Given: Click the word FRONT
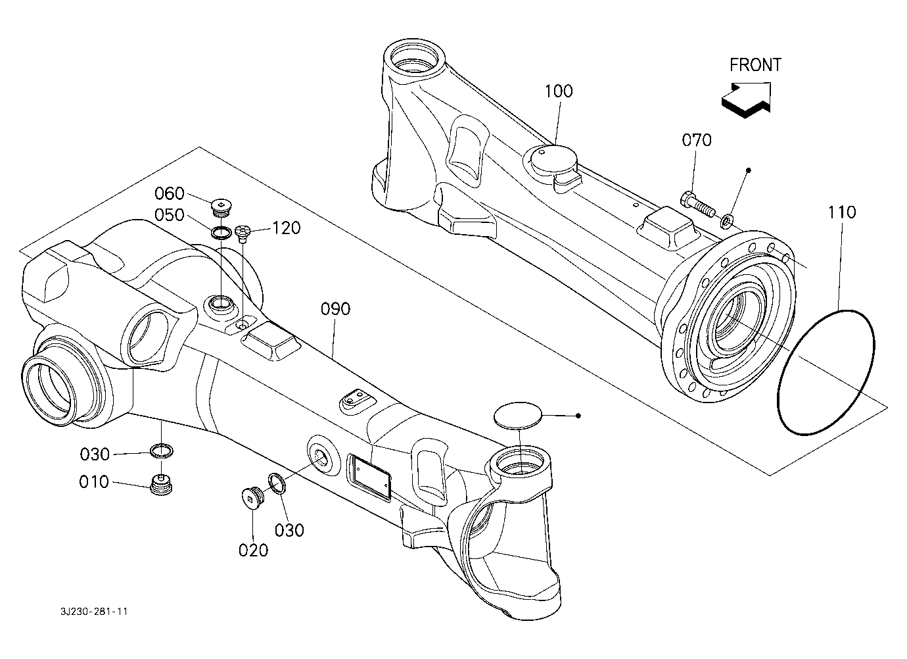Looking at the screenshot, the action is (x=755, y=65).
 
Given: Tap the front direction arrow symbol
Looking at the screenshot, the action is (x=746, y=100).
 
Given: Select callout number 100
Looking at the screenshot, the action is (x=559, y=91).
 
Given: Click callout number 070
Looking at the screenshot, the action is (x=697, y=140).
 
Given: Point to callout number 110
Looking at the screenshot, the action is (x=842, y=212).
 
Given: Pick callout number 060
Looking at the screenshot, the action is (x=170, y=193).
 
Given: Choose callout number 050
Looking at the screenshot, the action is (x=170, y=215).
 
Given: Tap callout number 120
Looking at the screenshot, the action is (x=287, y=228).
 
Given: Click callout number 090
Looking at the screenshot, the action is (x=335, y=309).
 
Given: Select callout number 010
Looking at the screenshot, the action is (x=94, y=482).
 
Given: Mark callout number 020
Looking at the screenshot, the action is (x=253, y=550).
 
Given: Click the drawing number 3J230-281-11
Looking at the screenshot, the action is (x=94, y=612).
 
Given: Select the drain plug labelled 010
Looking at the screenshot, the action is (x=162, y=485).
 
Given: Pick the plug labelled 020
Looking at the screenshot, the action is (x=252, y=496).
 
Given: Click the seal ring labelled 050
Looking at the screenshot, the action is (x=221, y=233).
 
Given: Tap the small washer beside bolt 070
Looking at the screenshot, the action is (x=726, y=221).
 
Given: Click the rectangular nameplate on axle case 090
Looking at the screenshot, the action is (x=369, y=478).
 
